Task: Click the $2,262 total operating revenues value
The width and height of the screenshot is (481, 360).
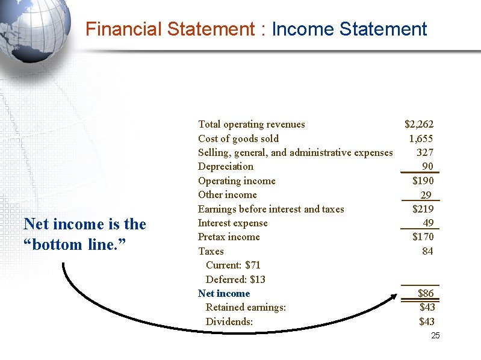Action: click(418, 125)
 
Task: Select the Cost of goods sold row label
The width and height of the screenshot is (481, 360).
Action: click(238, 138)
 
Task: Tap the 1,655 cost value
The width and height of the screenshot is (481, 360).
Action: click(421, 138)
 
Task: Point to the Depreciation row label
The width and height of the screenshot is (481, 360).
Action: click(226, 167)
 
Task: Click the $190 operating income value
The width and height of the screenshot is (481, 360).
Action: click(423, 181)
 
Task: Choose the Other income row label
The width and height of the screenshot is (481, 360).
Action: click(228, 194)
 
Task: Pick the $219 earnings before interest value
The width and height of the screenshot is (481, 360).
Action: click(423, 209)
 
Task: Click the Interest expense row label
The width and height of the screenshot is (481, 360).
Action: click(233, 223)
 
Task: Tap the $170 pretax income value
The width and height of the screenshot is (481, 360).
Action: click(423, 237)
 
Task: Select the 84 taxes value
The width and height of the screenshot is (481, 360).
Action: click(427, 251)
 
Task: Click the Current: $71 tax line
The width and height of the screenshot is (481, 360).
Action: click(233, 265)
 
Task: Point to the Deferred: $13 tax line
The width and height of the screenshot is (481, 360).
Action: click(235, 279)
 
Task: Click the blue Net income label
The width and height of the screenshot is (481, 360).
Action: click(224, 293)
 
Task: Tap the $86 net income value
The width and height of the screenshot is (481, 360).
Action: click(426, 293)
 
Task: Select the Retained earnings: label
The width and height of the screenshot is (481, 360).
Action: click(246, 307)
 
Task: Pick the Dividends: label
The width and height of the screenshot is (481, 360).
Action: click(229, 321)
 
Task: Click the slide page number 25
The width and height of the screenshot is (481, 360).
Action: click(436, 335)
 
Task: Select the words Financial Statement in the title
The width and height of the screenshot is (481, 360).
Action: click(170, 29)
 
